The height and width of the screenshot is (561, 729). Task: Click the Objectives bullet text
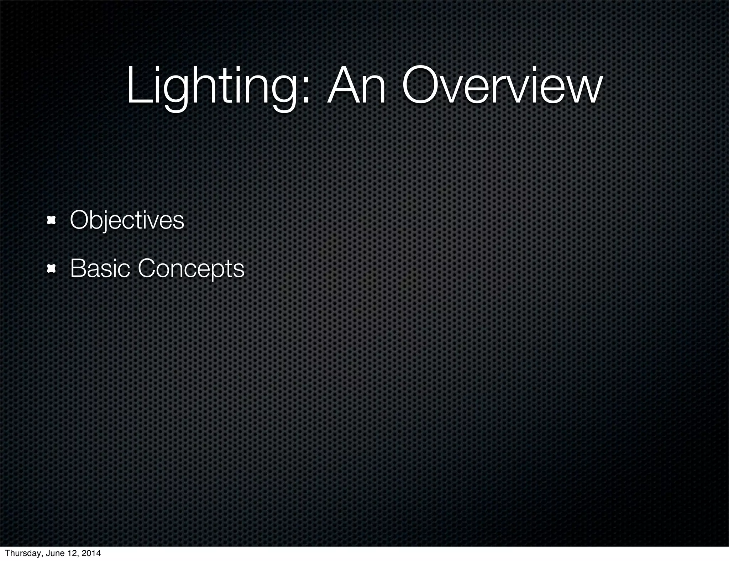127,220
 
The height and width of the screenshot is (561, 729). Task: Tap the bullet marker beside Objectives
52,221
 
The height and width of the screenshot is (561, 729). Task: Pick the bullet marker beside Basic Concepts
52,269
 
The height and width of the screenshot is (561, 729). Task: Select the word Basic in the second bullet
100,268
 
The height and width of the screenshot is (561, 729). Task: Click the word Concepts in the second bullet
191,268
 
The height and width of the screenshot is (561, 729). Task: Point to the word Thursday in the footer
21,553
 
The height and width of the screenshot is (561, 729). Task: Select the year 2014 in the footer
91,553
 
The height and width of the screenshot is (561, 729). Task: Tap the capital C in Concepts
148,268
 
